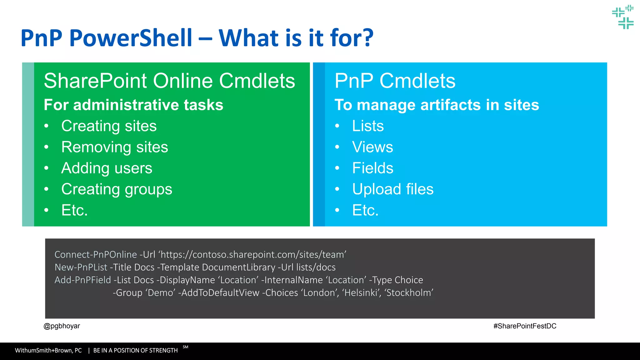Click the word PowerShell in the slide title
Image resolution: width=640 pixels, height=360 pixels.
pos(131,38)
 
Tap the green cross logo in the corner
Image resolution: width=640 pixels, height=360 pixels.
pos(623,17)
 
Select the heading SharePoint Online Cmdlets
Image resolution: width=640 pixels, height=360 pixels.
pos(169,81)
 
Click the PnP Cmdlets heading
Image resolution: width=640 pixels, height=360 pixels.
pos(395,81)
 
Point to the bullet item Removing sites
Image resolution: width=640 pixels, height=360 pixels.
pos(114,147)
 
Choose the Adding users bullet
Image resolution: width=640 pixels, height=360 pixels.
pos(107,168)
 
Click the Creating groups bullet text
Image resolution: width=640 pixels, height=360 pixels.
pos(117,189)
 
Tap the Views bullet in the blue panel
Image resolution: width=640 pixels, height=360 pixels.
pos(372,147)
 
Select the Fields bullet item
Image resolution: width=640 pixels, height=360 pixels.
pos(372,168)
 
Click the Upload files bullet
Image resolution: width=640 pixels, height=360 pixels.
pos(393,189)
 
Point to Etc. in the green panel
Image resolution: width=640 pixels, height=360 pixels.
pos(74,210)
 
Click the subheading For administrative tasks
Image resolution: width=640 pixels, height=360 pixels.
pos(133,105)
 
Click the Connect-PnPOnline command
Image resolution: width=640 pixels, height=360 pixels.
pos(96,255)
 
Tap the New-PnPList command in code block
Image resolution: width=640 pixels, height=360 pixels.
pos(81,267)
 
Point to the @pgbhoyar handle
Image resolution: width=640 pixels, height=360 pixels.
pos(62,326)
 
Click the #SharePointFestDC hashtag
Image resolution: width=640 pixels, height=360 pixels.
pos(525,326)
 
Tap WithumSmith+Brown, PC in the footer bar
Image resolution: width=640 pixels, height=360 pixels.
pos(48,350)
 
